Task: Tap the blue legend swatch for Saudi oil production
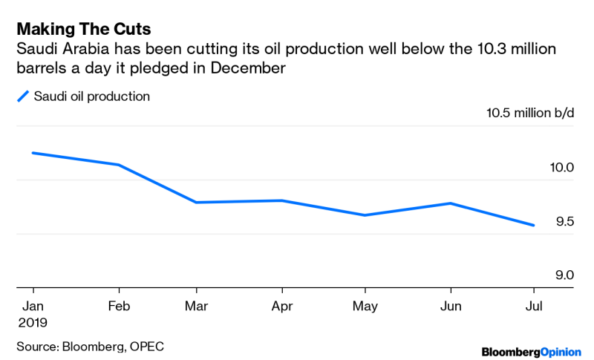coord(24,96)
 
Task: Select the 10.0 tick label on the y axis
coord(561,168)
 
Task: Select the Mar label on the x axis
coord(196,306)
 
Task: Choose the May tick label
coord(365,306)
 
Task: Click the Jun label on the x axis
coord(451,306)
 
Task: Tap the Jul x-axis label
coord(533,306)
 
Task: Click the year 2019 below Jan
coord(32,323)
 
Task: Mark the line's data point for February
coord(118,165)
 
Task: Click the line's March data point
coord(196,202)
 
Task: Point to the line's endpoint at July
coord(533,225)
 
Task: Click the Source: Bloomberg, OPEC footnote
coord(90,346)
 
